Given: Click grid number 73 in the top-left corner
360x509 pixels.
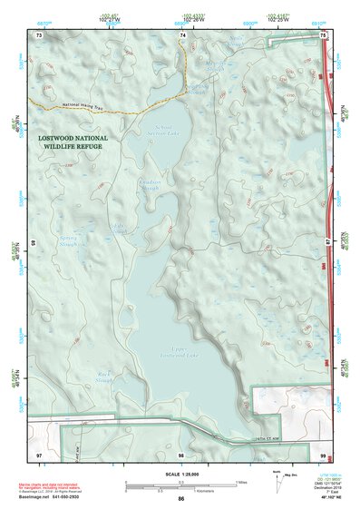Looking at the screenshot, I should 39,34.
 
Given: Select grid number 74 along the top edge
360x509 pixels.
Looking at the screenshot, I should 183,34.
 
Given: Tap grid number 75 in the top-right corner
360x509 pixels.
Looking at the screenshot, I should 322,34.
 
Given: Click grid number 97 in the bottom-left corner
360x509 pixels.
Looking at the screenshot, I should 39,454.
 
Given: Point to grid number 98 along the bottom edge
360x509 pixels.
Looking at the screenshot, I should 181,454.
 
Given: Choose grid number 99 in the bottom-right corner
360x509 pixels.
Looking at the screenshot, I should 322,454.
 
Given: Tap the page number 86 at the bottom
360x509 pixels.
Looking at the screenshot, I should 181,499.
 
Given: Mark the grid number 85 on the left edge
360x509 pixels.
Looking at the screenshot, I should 34,243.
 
